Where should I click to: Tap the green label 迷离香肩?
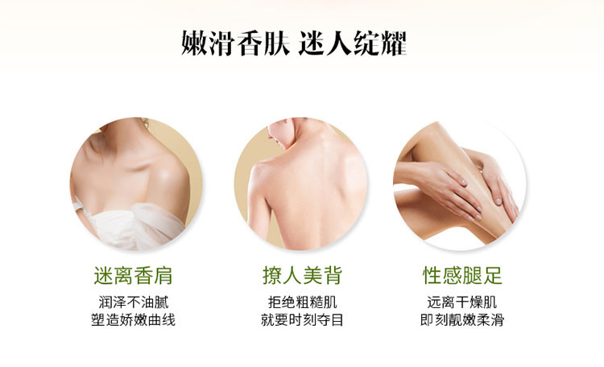[133, 275]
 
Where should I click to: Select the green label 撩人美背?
[302, 275]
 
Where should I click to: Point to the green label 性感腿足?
[463, 275]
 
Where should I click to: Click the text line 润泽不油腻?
[133, 303]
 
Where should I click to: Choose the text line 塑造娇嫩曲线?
[133, 320]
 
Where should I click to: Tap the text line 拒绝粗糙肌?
[302, 303]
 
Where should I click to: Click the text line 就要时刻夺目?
[302, 320]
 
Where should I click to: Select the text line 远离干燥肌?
[463, 303]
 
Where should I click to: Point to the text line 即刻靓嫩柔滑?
[463, 320]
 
